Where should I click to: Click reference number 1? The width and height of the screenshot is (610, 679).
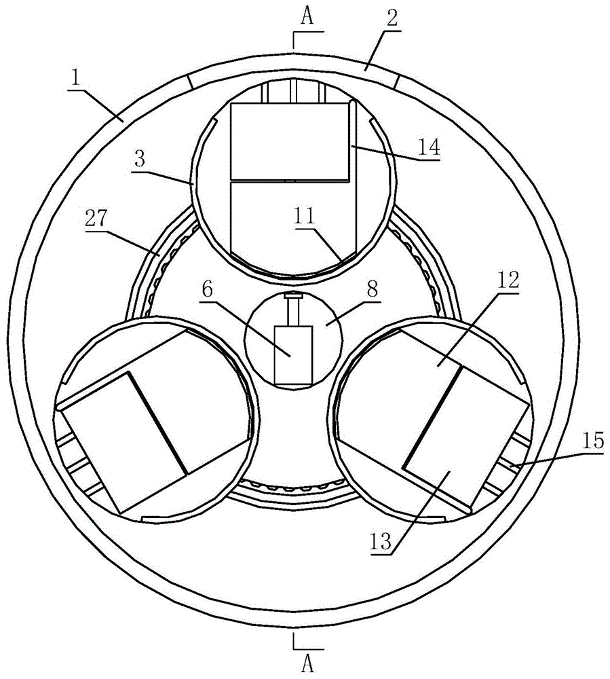(76, 79)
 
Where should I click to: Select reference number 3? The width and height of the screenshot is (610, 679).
(140, 160)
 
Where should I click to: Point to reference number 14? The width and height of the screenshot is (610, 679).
(428, 147)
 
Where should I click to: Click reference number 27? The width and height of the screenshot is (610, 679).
(96, 218)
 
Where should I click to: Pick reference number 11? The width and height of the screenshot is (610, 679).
(304, 215)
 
